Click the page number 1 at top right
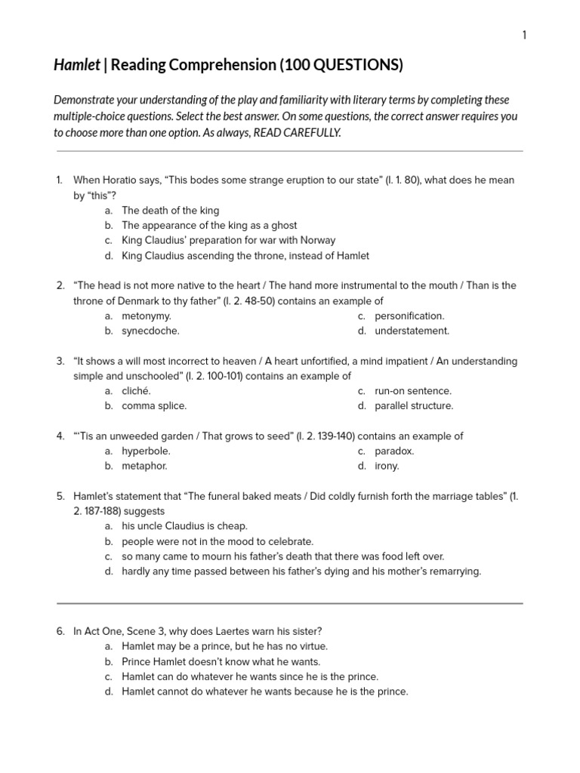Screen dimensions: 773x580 (524, 35)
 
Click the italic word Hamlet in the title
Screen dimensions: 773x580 (76, 66)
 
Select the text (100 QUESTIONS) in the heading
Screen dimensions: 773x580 (341, 66)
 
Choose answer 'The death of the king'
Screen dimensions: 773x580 (170, 211)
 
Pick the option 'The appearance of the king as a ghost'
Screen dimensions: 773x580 (209, 226)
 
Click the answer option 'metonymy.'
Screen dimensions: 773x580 (147, 316)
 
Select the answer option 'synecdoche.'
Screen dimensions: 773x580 (150, 331)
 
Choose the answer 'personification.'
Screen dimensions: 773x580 (409, 316)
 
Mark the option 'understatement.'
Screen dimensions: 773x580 (412, 331)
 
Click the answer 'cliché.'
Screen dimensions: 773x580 (136, 391)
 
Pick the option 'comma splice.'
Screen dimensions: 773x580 (154, 406)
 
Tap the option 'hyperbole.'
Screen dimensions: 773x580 (146, 451)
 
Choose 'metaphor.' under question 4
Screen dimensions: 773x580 (144, 466)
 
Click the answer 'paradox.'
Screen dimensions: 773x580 (394, 451)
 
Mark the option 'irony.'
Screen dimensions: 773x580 (387, 466)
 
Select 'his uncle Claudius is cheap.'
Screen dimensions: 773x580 (184, 526)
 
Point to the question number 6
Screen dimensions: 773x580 (60, 632)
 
